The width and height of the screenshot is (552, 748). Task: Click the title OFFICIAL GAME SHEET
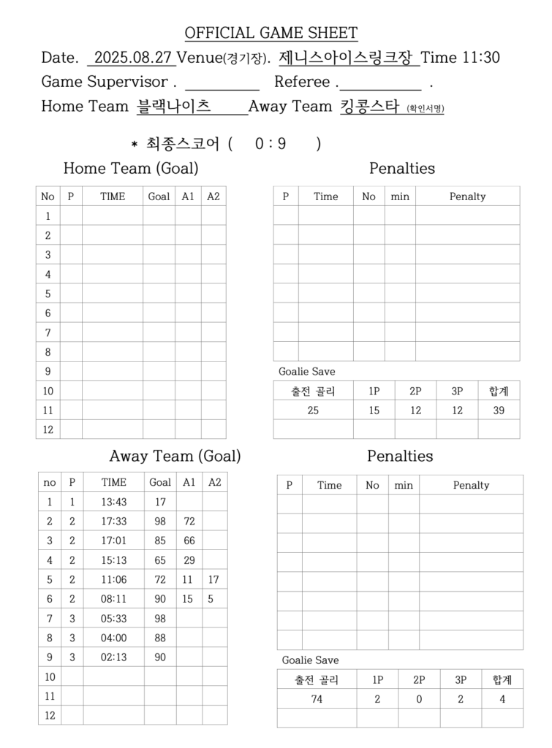click(271, 33)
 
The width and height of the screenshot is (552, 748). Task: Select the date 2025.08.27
click(132, 58)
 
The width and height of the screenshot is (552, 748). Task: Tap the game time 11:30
click(481, 58)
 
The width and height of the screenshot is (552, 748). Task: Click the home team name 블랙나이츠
click(174, 107)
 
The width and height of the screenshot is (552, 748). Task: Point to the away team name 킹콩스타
click(368, 107)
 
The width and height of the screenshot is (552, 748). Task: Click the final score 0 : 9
click(271, 144)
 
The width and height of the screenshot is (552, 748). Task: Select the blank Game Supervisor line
click(222, 83)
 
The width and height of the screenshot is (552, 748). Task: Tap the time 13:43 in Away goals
click(113, 502)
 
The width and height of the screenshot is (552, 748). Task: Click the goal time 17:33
click(113, 522)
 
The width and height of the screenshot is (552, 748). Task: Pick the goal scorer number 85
click(159, 541)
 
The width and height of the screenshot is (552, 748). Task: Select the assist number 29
click(189, 560)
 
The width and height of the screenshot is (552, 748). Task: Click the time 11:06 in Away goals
click(113, 579)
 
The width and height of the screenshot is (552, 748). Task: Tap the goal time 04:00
click(113, 638)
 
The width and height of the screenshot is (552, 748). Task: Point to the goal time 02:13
click(113, 657)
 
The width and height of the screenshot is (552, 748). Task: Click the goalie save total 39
click(499, 411)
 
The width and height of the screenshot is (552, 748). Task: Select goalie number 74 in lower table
click(317, 699)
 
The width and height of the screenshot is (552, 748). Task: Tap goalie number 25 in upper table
click(313, 411)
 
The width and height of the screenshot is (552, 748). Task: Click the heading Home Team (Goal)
click(131, 169)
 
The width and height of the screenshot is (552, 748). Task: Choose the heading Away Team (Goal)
click(175, 457)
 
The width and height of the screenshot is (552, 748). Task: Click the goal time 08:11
click(113, 599)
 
